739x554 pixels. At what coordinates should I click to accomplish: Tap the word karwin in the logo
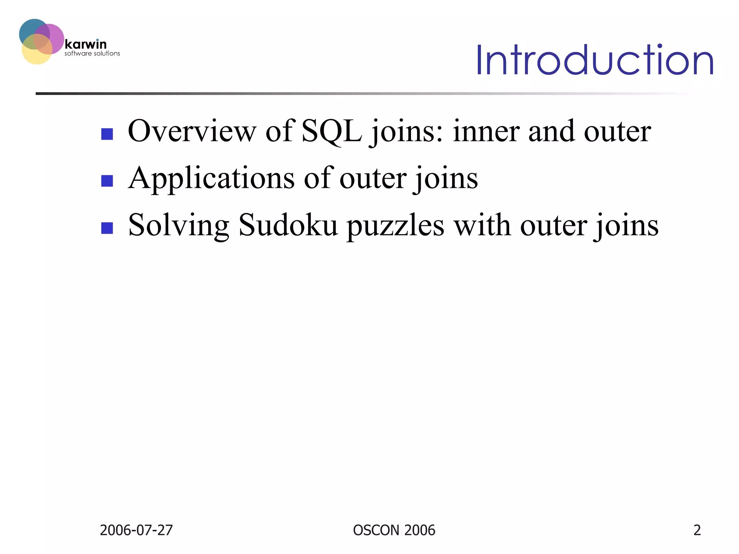(86, 44)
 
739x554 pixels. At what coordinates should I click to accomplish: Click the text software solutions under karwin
(92, 53)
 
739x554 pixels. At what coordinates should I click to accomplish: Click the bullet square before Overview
(107, 134)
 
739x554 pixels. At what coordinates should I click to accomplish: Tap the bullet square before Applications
(107, 181)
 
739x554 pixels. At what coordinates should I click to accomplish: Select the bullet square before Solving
(107, 228)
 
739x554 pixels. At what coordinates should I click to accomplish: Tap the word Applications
(211, 178)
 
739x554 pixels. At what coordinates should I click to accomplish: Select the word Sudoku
(288, 225)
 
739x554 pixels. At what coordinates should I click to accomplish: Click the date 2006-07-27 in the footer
(136, 530)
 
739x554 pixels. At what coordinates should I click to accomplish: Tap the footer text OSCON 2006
(394, 530)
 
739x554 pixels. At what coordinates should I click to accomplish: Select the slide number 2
(697, 530)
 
